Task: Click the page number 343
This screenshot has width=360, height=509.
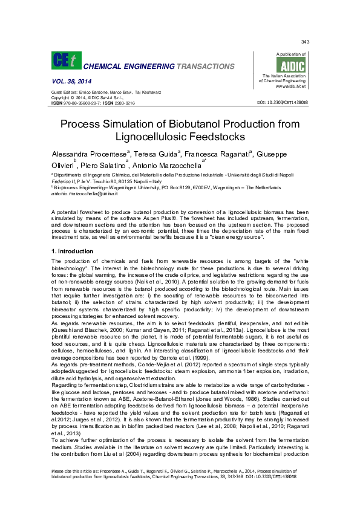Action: coord(305,42)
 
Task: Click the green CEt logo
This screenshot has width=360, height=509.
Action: coord(64,60)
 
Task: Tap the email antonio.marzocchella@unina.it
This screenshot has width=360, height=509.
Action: coord(84,193)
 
